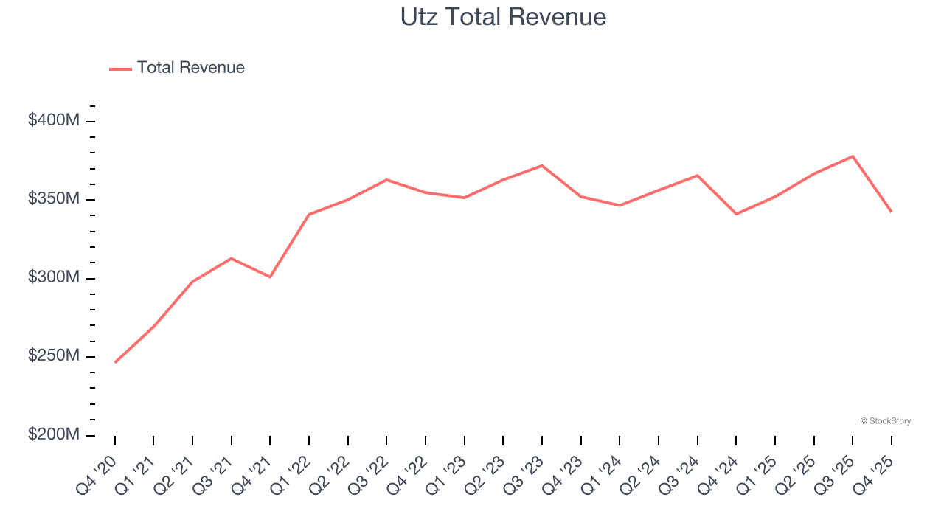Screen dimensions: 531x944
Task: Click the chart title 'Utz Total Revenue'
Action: pyautogui.click(x=503, y=17)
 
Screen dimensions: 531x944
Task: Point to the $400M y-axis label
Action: pyautogui.click(x=54, y=120)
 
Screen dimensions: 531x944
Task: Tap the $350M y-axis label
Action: pyautogui.click(x=54, y=199)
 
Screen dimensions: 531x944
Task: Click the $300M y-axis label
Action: pyautogui.click(x=54, y=277)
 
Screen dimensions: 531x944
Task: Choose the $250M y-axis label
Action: pyautogui.click(x=54, y=355)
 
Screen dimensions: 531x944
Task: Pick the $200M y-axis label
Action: pyautogui.click(x=54, y=434)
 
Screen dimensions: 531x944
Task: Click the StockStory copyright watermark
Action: pyautogui.click(x=885, y=421)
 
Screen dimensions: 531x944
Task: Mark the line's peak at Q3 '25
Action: pyautogui.click(x=853, y=156)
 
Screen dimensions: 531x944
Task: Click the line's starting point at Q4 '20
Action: pyautogui.click(x=115, y=362)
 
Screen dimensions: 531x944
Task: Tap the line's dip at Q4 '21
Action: pyautogui.click(x=270, y=277)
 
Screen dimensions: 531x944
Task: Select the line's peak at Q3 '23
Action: pyautogui.click(x=542, y=165)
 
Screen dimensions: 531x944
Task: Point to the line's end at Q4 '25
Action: pyautogui.click(x=891, y=212)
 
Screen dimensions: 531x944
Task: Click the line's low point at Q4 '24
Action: pyautogui.click(x=736, y=214)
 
